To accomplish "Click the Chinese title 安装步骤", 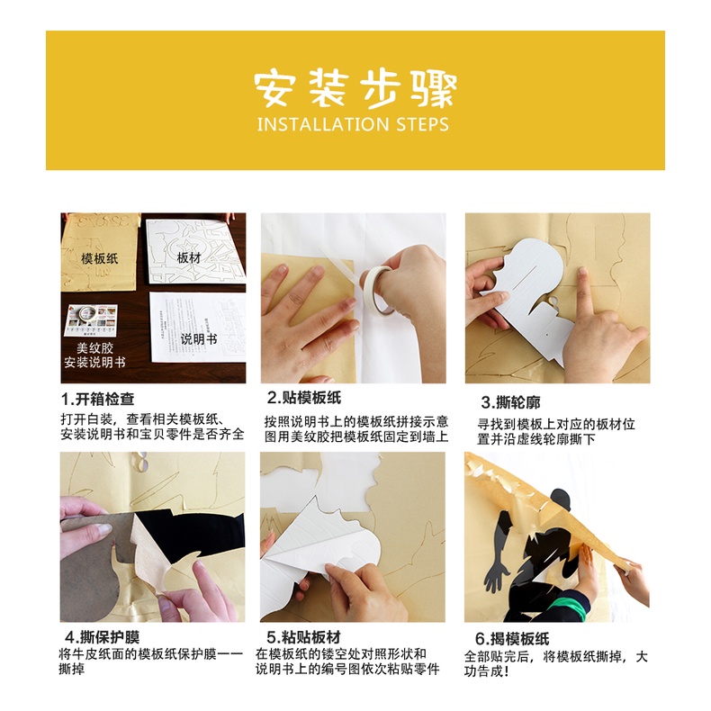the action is coord(355,88).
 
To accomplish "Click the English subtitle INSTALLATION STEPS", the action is coord(353,124).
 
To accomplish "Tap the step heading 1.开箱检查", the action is coord(98,399).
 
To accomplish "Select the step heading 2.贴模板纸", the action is coord(304,398).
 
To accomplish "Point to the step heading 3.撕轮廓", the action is coord(510,402).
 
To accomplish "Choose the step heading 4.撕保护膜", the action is coord(102,637).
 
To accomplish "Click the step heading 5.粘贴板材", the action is coord(304,637).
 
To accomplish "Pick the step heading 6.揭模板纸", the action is coord(512,638).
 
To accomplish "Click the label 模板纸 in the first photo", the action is coord(99,258).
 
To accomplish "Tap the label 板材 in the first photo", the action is coord(189,257).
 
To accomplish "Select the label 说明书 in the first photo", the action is coord(199,338).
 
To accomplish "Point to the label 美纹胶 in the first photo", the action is coord(94,347).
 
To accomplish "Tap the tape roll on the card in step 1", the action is coord(87,313).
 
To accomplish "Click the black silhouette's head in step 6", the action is coord(561,499).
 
